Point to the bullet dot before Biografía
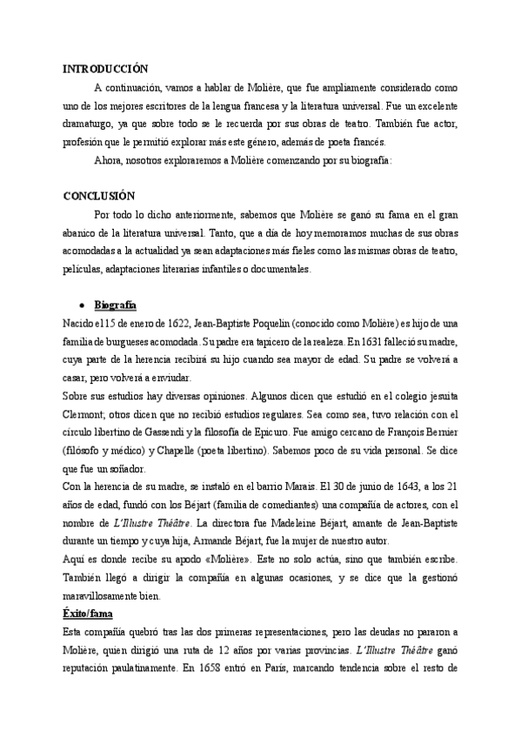pyautogui.click(x=81, y=305)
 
